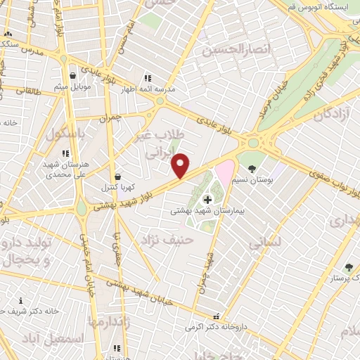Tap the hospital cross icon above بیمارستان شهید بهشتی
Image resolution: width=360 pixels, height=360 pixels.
pyautogui.click(x=206, y=200)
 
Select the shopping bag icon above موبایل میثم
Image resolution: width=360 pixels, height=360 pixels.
pyautogui.click(x=73, y=76)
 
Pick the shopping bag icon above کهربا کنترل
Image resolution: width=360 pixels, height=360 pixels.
pyautogui.click(x=117, y=177)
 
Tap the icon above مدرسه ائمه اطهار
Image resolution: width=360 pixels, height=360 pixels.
pyautogui.click(x=147, y=79)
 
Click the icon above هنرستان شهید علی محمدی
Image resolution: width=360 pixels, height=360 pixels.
pyautogui.click(x=65, y=153)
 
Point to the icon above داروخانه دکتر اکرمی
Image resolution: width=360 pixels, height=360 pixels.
pyautogui.click(x=217, y=316)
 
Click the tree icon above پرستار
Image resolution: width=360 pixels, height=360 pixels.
pyautogui.click(x=349, y=267)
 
